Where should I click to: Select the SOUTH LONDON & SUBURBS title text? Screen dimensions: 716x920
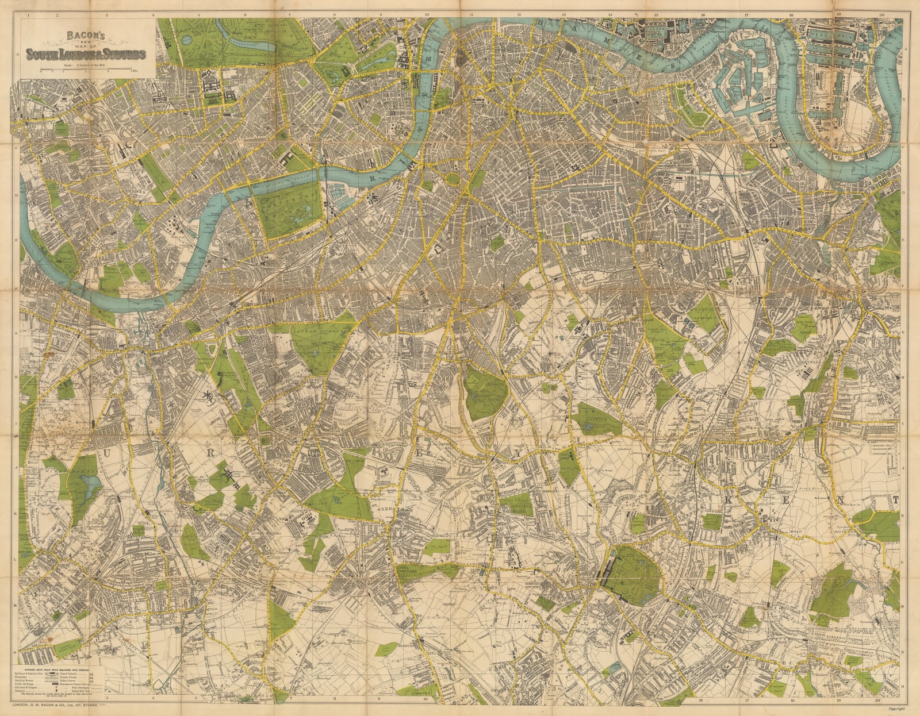pos(82,55)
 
